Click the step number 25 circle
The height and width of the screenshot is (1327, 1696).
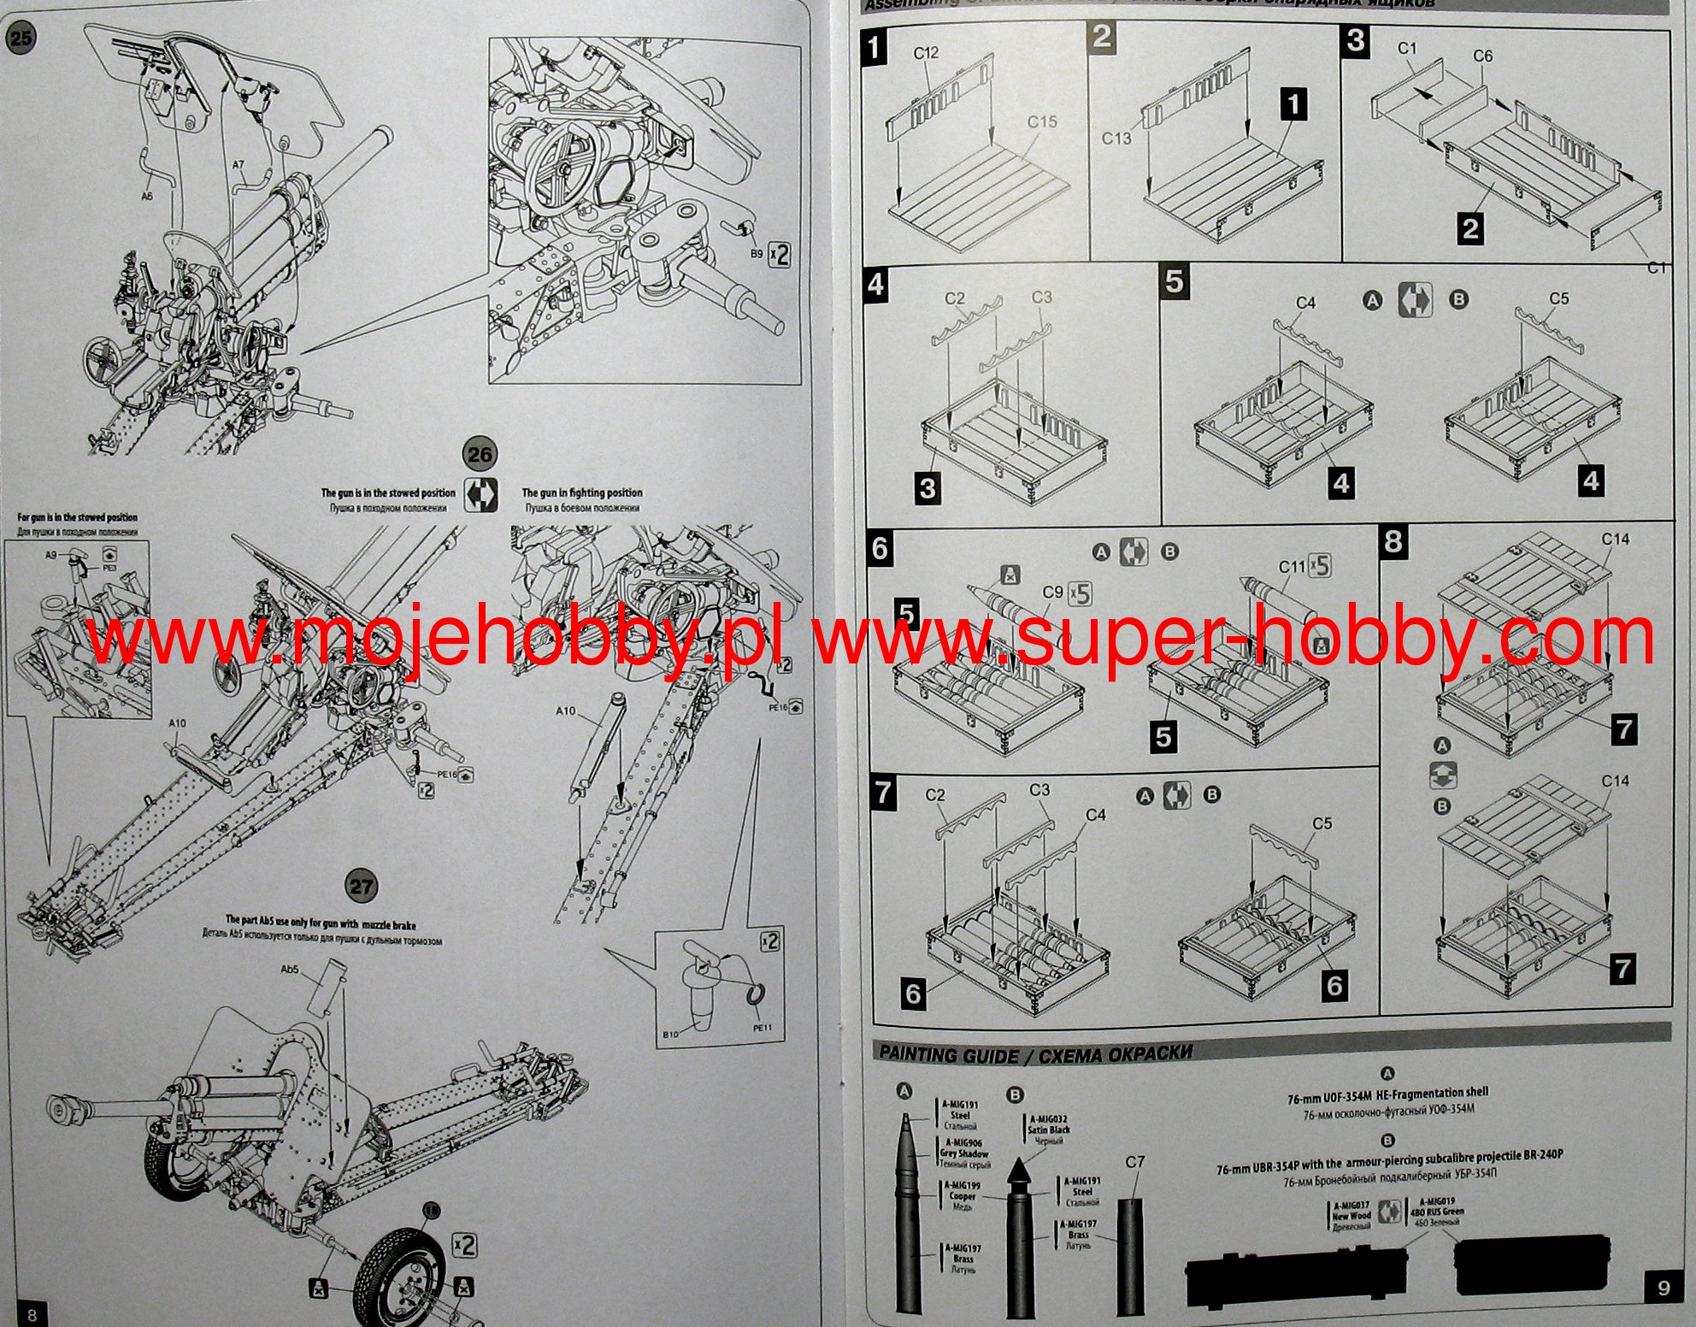click(x=21, y=38)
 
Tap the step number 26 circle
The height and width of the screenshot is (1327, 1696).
click(x=480, y=454)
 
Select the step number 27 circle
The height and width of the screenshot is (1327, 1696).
click(x=362, y=886)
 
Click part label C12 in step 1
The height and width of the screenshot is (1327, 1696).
click(x=926, y=53)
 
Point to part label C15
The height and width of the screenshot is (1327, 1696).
click(x=1042, y=122)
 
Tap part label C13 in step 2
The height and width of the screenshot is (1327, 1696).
click(x=1116, y=139)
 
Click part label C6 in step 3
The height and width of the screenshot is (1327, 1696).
click(x=1482, y=56)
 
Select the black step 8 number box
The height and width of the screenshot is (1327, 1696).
click(x=1393, y=541)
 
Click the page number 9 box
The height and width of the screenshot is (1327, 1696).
click(x=1664, y=1288)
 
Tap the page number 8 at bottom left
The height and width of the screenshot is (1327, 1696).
click(x=32, y=1314)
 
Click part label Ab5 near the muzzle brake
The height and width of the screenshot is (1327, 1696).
click(x=290, y=970)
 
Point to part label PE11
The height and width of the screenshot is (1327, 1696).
click(x=762, y=1027)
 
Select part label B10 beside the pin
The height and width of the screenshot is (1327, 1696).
click(x=671, y=1035)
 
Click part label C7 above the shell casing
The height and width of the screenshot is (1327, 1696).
click(x=1134, y=1162)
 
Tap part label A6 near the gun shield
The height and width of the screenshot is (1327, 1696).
click(x=147, y=196)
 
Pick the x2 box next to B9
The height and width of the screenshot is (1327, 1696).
click(x=780, y=255)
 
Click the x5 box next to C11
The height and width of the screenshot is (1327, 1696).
click(x=1320, y=565)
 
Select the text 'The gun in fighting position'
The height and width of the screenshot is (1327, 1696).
click(x=582, y=492)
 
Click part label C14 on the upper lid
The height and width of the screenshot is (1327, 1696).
click(x=1615, y=540)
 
